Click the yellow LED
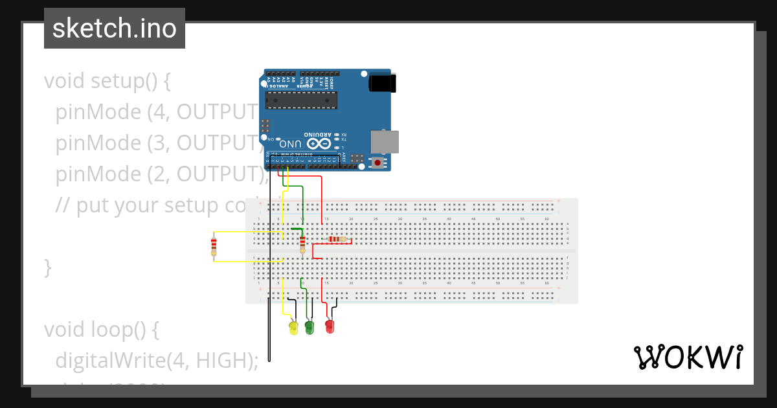[x=293, y=328]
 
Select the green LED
[x=310, y=327]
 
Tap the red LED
[x=330, y=326]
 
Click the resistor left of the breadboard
[x=214, y=246]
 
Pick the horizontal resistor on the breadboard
[x=337, y=240]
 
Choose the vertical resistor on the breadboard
[x=302, y=244]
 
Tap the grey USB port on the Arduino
[x=384, y=142]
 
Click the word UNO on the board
[x=290, y=144]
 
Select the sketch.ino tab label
[x=115, y=28]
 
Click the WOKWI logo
[x=688, y=357]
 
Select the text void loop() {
[x=101, y=329]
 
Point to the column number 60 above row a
[x=546, y=220]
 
